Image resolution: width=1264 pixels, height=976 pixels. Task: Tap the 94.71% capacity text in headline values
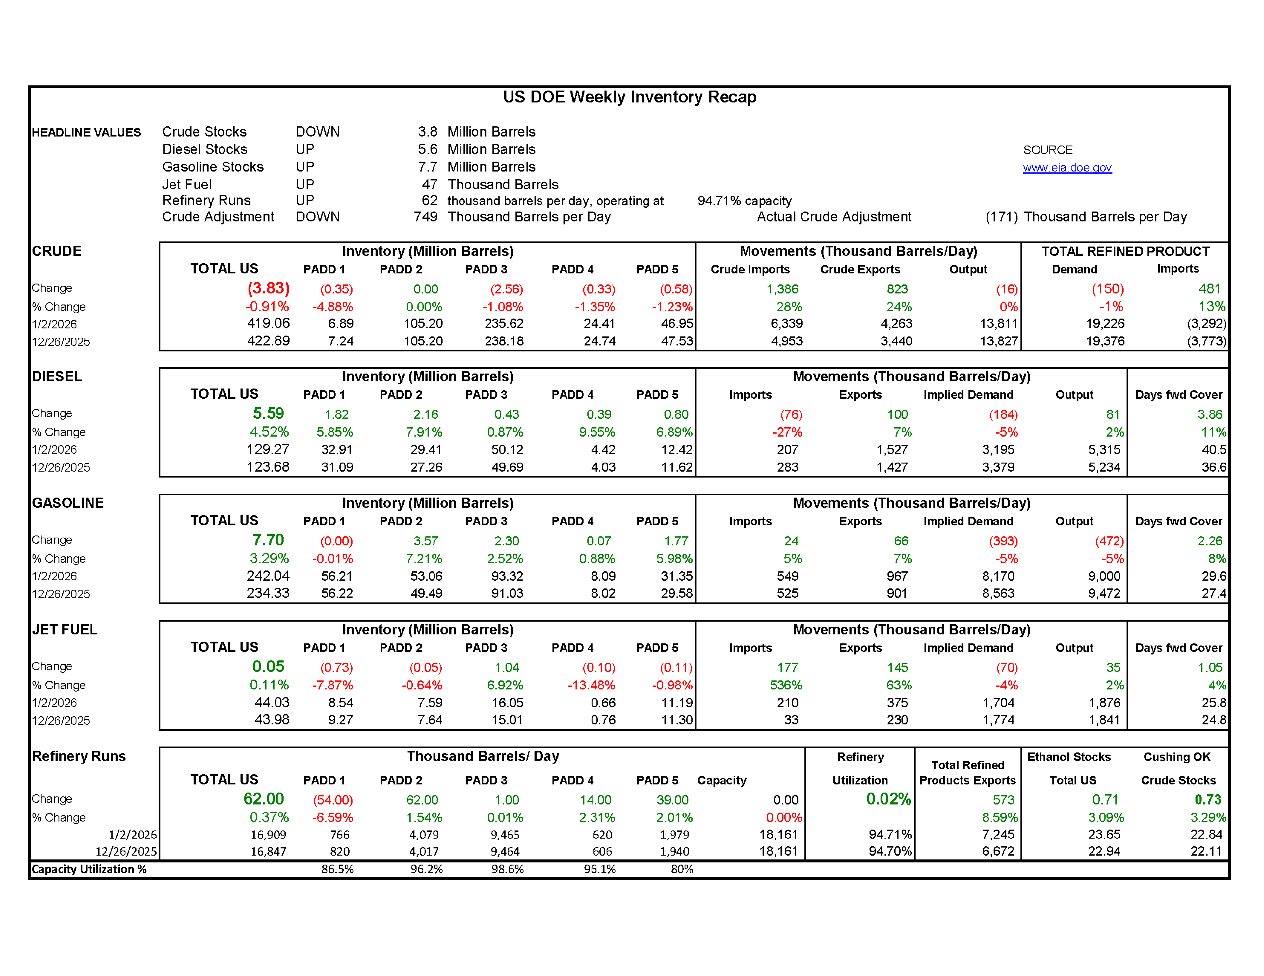pos(744,201)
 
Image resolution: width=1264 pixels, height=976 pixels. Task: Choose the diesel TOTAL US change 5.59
pos(269,414)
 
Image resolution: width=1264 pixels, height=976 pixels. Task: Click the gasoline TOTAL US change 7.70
pos(269,540)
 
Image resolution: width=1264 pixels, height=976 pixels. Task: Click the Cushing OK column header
pos(1177,757)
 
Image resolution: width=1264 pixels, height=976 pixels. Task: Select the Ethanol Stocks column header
pos(1068,757)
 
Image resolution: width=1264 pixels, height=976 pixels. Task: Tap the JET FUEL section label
pos(65,630)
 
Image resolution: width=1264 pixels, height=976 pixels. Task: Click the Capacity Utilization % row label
pos(89,869)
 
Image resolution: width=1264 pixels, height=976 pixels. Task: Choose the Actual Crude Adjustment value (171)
pos(1001,217)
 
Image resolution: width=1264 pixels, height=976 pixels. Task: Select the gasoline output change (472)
pos(1109,541)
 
